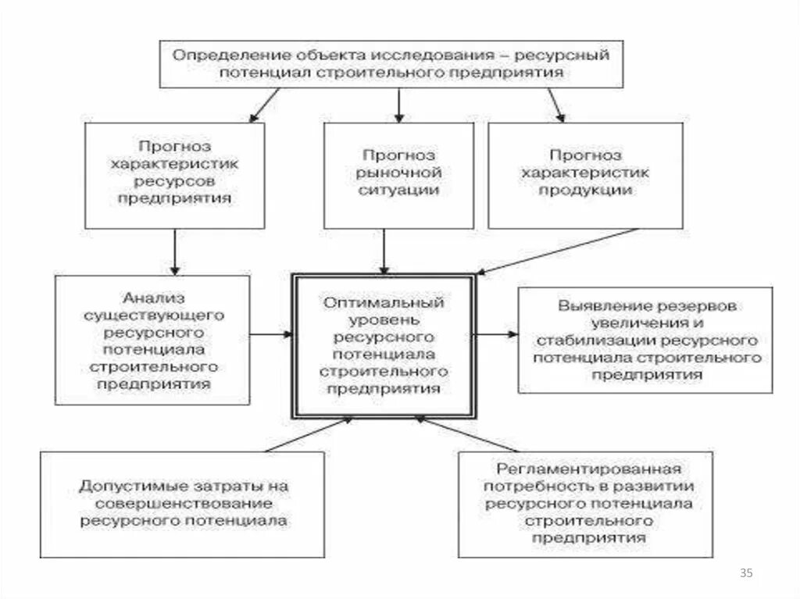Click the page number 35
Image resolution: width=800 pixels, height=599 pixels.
746,574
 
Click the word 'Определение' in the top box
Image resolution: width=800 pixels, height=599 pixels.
212,56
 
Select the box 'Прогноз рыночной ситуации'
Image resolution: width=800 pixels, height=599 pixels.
398,175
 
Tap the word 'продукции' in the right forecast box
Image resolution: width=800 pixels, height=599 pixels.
585,190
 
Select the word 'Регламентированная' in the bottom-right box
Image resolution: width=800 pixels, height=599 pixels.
589,469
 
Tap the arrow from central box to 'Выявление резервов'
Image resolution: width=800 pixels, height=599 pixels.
496,334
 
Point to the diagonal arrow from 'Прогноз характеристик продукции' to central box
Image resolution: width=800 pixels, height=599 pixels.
559,251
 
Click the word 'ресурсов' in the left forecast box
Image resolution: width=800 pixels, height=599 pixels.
174,180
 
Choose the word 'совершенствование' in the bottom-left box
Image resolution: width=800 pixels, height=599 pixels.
184,503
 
